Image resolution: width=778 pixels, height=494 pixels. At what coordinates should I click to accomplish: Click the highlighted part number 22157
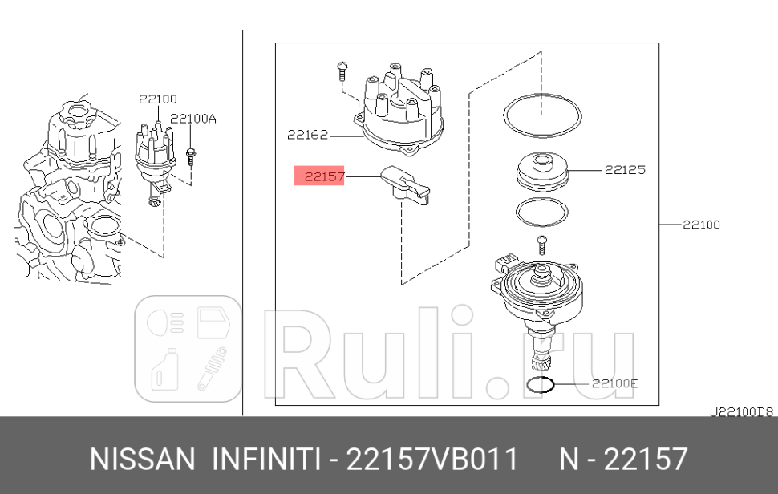point(319,176)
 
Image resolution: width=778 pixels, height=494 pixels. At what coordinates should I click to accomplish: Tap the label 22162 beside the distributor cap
point(307,135)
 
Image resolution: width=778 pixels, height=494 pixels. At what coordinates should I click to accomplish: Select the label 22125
point(625,170)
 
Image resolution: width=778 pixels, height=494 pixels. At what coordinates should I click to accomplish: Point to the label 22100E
point(614,383)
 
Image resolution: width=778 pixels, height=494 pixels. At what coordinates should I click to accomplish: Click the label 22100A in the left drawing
point(193,118)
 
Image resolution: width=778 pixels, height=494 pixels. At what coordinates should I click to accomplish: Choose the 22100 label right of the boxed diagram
point(701,225)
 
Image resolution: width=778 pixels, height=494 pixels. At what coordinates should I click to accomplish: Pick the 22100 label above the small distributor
point(157,99)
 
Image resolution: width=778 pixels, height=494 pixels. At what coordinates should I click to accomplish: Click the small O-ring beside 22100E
point(541,384)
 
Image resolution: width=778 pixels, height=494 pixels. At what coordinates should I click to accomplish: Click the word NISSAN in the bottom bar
point(142,460)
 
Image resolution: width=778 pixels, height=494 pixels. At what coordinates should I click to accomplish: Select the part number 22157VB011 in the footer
point(432,460)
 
